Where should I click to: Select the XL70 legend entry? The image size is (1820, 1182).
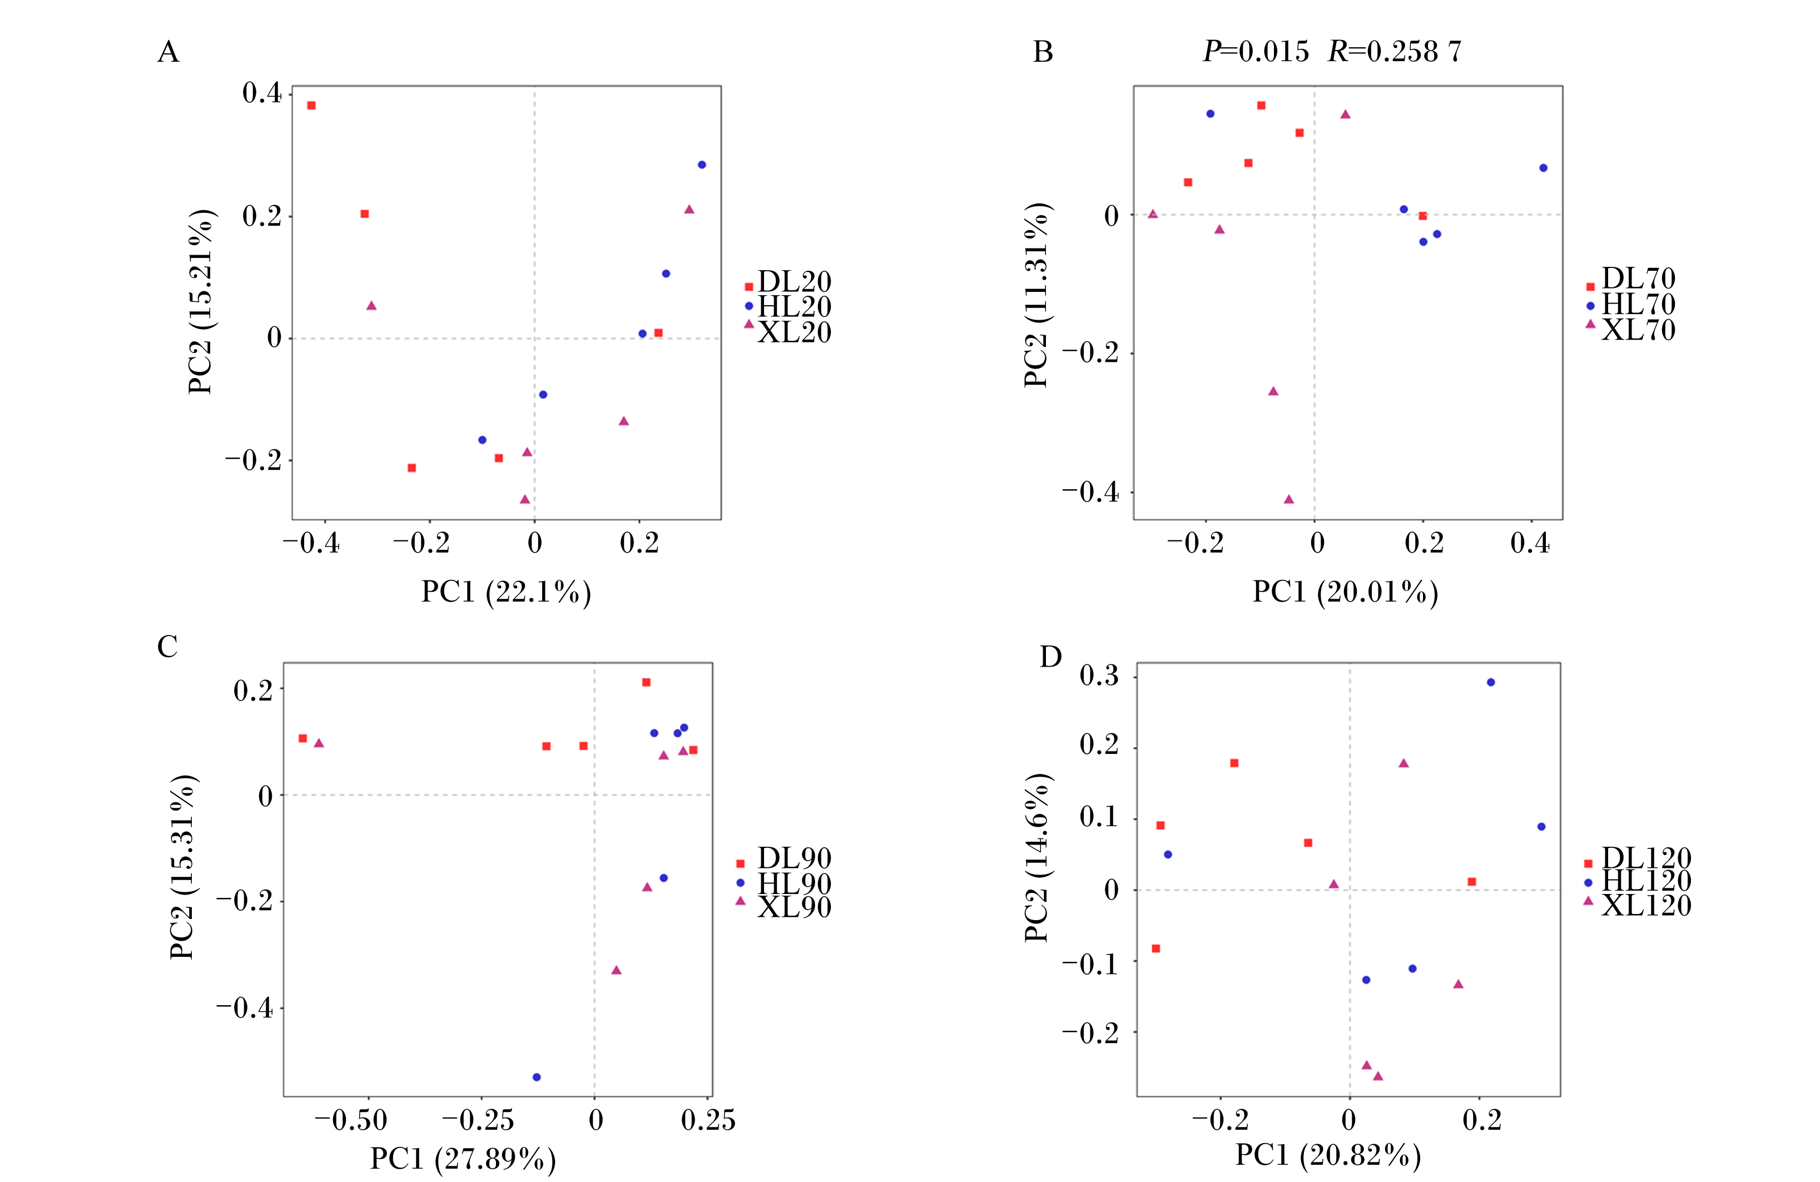tap(1631, 330)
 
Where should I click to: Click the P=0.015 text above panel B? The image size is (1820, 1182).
tap(1256, 51)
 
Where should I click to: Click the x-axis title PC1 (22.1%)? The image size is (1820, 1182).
tap(506, 593)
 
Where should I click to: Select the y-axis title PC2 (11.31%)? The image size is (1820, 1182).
tap(1037, 295)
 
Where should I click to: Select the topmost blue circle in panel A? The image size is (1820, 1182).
tap(702, 165)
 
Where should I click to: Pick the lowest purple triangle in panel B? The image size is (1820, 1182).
tap(1288, 499)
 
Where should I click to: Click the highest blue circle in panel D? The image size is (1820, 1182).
tap(1490, 683)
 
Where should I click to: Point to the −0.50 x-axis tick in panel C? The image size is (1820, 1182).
tap(351, 1121)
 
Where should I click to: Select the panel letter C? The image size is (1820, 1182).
tap(167, 647)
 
